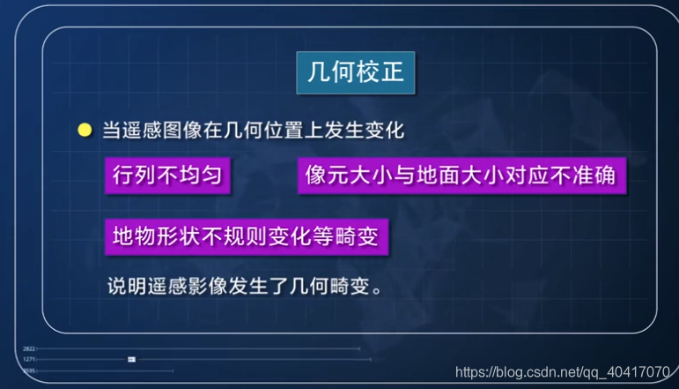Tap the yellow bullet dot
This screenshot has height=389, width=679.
[85, 131]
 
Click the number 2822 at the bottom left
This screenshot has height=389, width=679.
[28, 349]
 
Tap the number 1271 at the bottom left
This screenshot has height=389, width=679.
[28, 360]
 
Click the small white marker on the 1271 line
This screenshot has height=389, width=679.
[131, 360]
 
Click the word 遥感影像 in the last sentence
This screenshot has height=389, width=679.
[188, 288]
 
